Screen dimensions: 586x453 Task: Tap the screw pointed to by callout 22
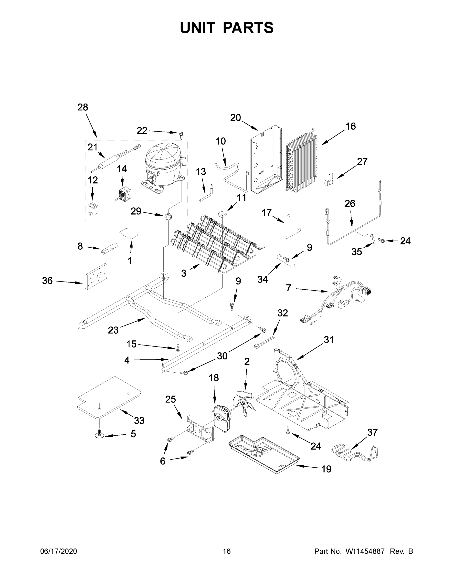click(x=181, y=134)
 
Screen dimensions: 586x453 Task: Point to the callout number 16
click(x=350, y=126)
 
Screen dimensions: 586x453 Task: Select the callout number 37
click(x=372, y=432)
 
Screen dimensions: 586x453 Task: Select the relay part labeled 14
click(x=125, y=193)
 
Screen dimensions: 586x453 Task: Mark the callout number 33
click(x=139, y=420)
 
